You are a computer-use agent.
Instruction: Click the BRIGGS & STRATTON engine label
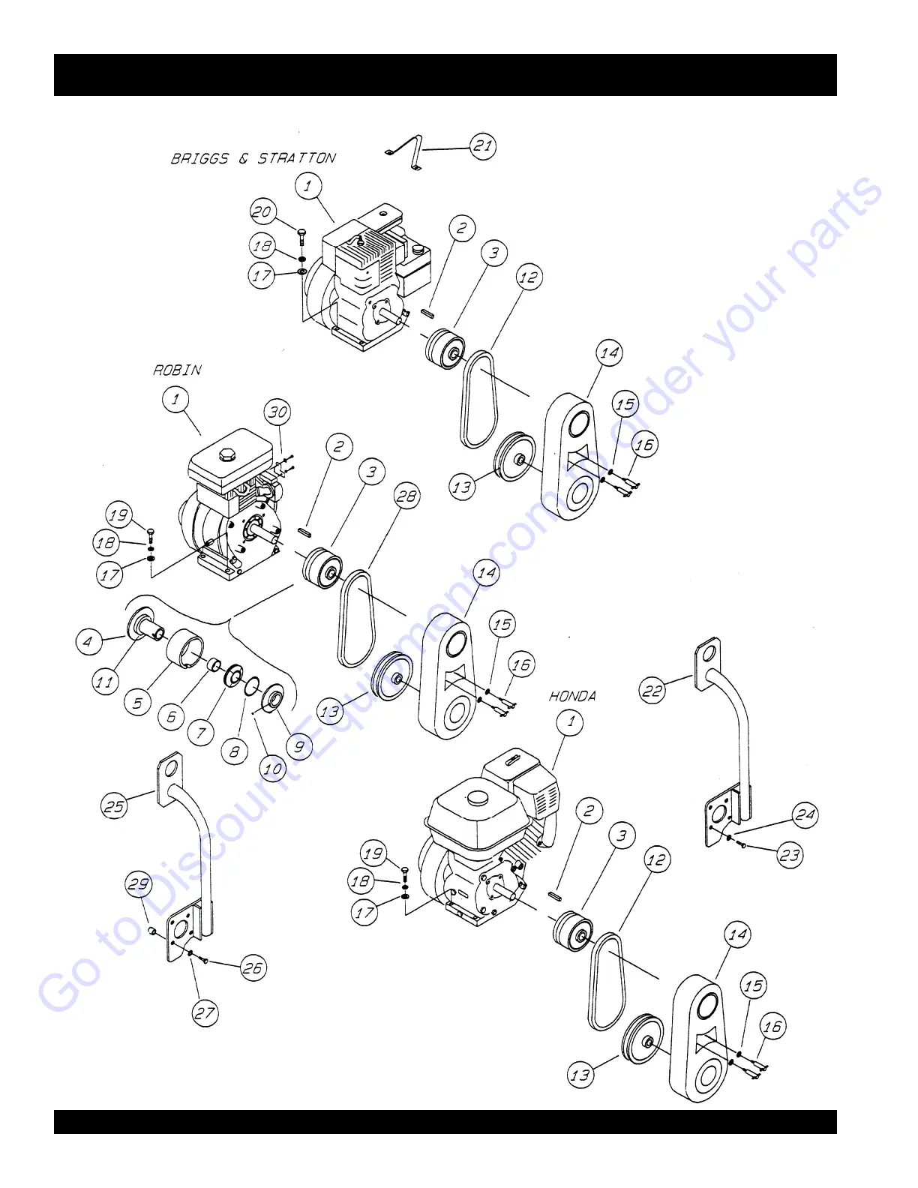point(253,158)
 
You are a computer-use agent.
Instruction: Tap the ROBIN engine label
point(178,370)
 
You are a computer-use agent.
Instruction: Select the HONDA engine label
point(573,696)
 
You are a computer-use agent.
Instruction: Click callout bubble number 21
point(483,145)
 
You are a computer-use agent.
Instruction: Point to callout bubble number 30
point(277,412)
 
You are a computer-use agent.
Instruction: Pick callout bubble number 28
point(406,496)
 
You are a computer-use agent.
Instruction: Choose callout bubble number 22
point(652,690)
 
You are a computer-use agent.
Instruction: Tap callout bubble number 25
point(114,806)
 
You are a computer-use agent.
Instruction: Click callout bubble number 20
point(262,211)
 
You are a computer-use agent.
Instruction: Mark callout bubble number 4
point(88,641)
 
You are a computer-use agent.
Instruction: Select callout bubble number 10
point(273,768)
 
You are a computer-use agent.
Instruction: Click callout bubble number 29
point(139,883)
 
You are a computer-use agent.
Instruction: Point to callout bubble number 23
point(790,855)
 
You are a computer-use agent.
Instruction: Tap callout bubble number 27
point(205,1013)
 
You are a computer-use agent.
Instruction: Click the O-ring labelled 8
point(253,684)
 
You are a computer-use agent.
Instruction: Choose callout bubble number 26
point(253,968)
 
